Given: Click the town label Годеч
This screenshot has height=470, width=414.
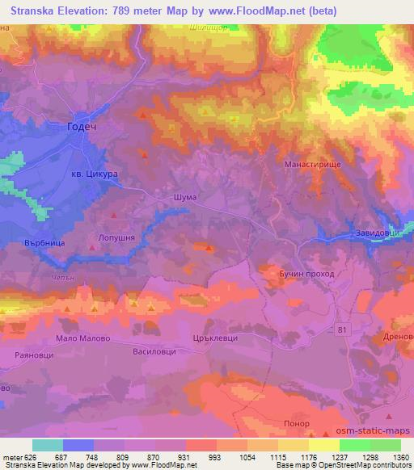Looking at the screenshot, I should [x=84, y=127].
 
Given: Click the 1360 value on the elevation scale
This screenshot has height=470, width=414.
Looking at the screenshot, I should [x=399, y=458].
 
